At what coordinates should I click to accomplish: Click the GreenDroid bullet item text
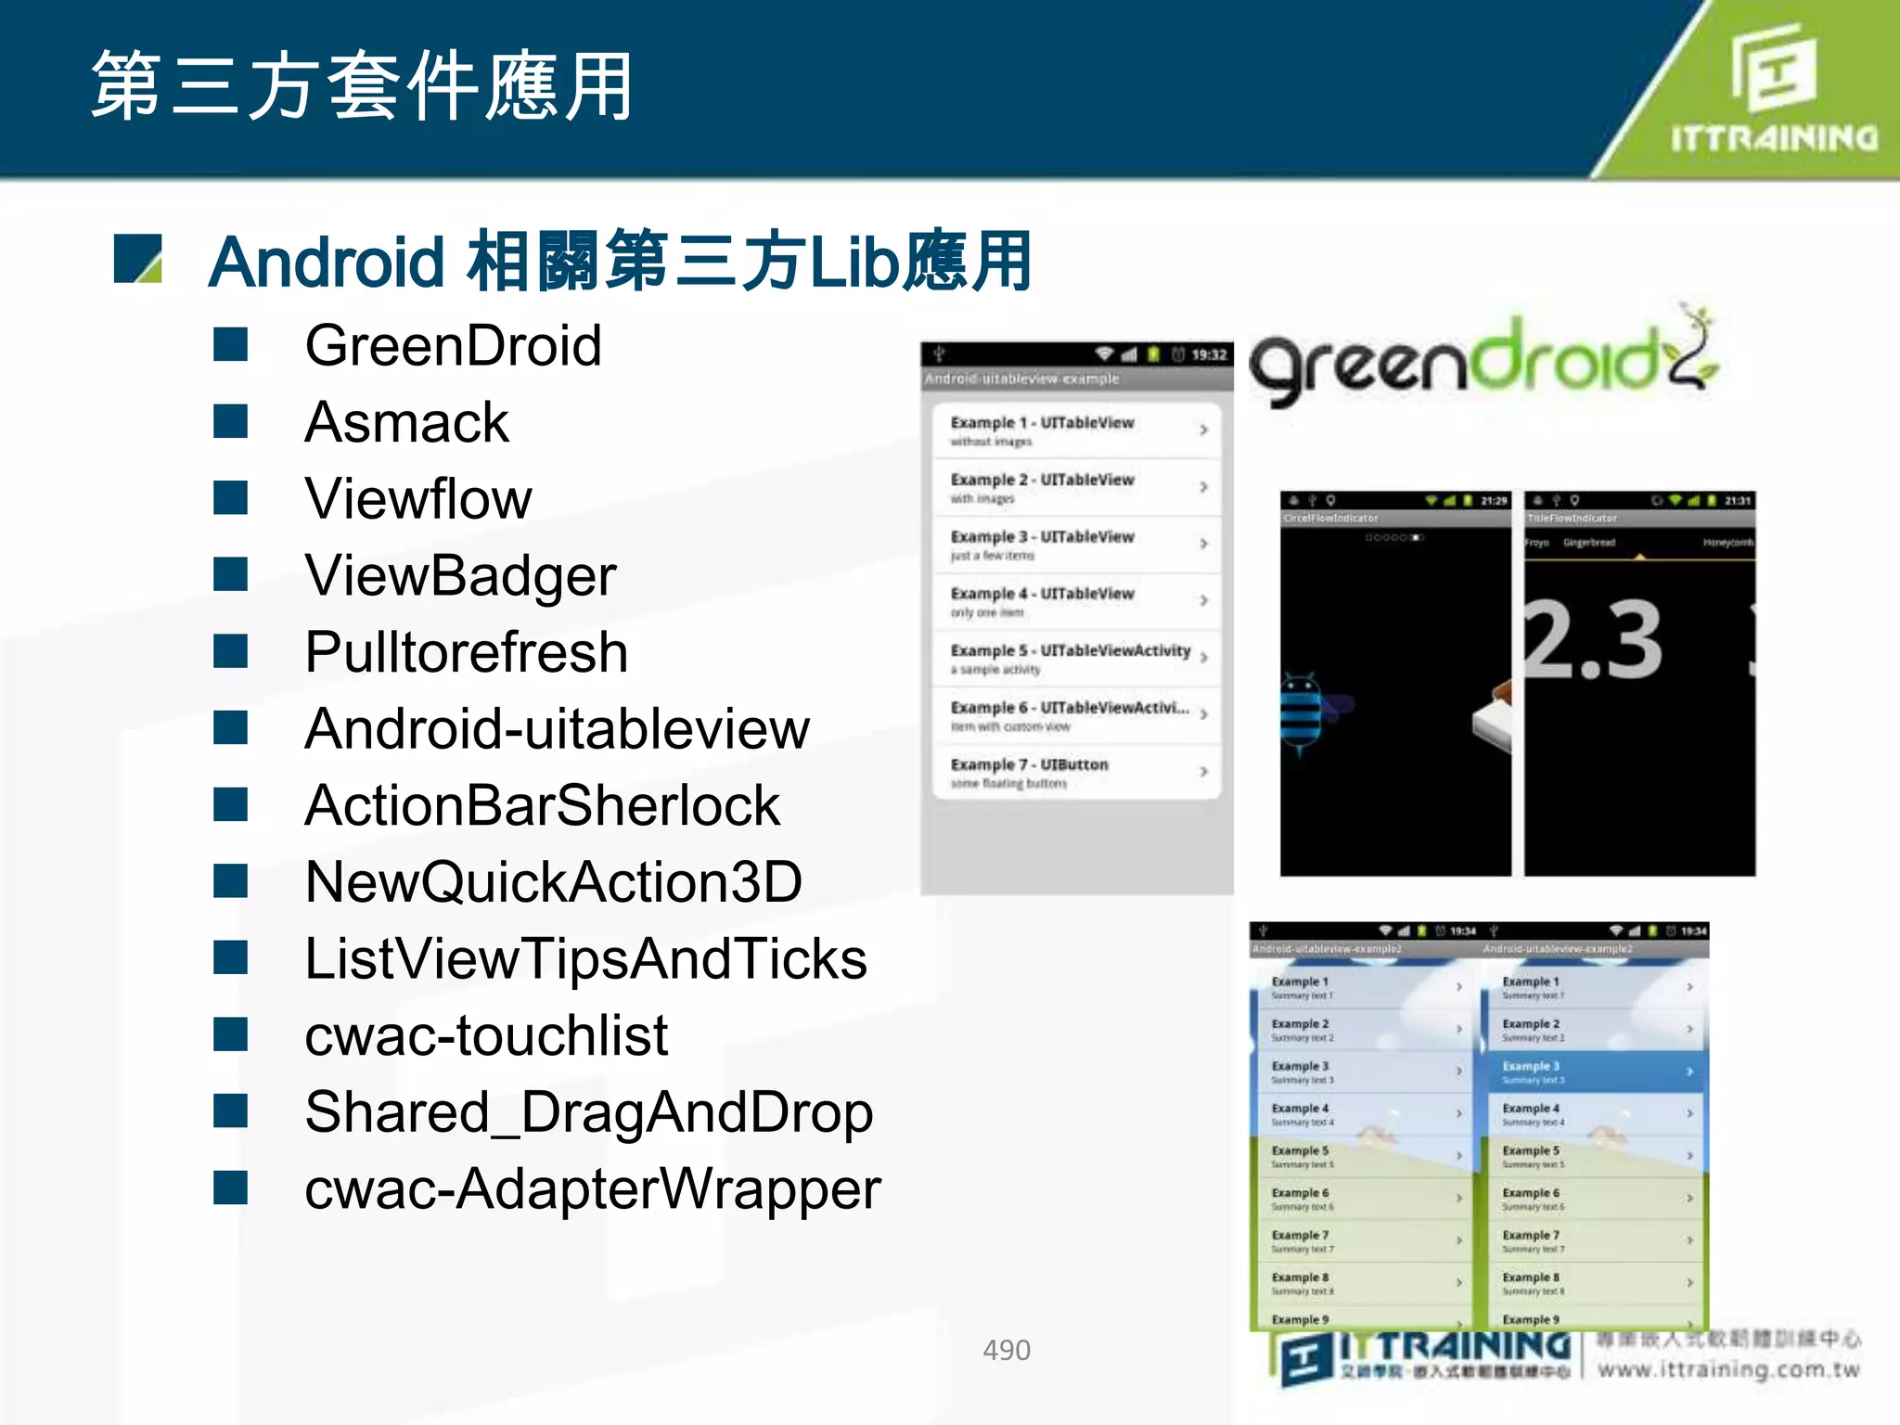pyautogui.click(x=453, y=346)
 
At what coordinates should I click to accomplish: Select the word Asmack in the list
pyautogui.click(x=406, y=423)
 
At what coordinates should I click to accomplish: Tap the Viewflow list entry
pyautogui.click(x=418, y=499)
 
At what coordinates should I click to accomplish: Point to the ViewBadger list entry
pyautogui.click(x=460, y=576)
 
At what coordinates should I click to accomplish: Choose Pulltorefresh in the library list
pyautogui.click(x=466, y=652)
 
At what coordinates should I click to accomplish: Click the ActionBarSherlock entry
pyautogui.click(x=542, y=805)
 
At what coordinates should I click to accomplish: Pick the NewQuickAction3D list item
pyautogui.click(x=553, y=882)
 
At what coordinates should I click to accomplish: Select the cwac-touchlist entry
pyautogui.click(x=486, y=1035)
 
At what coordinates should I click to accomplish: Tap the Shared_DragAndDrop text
pyautogui.click(x=588, y=1112)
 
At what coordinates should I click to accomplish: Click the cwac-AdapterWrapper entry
pyautogui.click(x=592, y=1189)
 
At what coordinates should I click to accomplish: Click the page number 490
pyautogui.click(x=1007, y=1350)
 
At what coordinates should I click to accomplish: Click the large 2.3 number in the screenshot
pyautogui.click(x=1594, y=640)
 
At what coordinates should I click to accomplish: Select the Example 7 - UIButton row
pyautogui.click(x=1076, y=772)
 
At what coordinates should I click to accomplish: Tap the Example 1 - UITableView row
pyautogui.click(x=1076, y=430)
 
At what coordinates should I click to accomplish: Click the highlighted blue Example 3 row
pyautogui.click(x=1596, y=1072)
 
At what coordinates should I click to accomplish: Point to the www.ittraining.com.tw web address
pyautogui.click(x=1728, y=1370)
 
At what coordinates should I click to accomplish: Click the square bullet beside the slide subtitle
pyautogui.click(x=137, y=259)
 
